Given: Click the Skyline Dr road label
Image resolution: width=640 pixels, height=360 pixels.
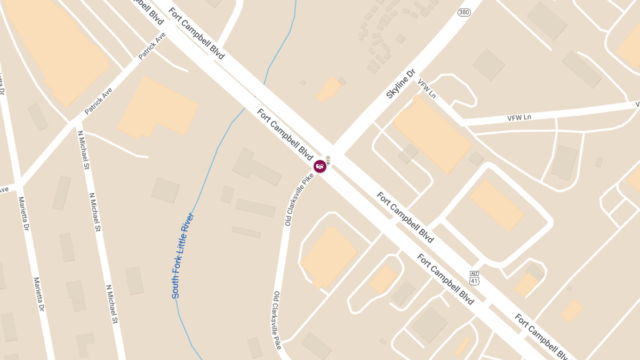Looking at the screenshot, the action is (x=401, y=84).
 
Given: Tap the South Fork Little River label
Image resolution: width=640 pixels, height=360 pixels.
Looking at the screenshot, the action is (x=182, y=255).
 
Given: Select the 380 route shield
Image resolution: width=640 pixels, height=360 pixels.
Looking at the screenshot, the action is (x=464, y=12).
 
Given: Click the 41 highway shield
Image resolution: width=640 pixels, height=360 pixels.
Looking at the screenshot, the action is (x=474, y=281).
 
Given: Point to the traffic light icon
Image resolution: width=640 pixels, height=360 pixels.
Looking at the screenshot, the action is (x=328, y=160).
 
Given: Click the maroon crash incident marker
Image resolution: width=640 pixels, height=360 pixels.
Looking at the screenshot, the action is (x=320, y=166).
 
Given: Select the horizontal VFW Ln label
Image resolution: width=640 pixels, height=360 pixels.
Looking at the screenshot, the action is (x=519, y=117).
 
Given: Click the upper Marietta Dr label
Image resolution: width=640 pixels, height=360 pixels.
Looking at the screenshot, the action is (x=23, y=214).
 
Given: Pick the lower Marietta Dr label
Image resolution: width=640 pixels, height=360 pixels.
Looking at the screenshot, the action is (x=38, y=294).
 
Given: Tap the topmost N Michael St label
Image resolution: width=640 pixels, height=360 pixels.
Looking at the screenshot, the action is (x=83, y=150).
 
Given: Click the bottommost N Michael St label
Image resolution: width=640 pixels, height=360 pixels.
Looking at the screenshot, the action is (x=111, y=304).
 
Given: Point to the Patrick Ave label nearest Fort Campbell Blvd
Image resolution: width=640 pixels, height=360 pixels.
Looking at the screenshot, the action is (x=152, y=45).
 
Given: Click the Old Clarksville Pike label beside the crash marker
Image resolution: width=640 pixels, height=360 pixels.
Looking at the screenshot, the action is (x=299, y=199).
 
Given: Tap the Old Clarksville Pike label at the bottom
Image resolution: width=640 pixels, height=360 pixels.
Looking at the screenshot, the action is (x=277, y=320).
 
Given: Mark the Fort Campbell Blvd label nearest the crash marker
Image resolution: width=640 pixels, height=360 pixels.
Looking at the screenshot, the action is (x=284, y=134).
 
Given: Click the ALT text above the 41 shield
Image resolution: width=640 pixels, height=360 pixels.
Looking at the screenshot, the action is (x=474, y=273).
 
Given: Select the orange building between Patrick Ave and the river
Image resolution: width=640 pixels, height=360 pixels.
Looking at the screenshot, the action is (x=157, y=107).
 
